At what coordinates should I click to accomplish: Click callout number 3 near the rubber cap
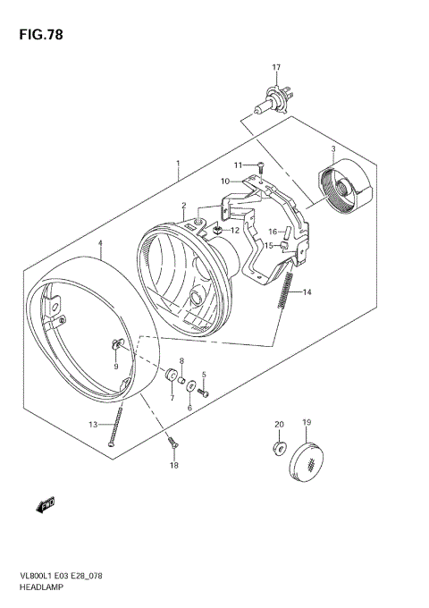(332, 149)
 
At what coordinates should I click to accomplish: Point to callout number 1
(179, 165)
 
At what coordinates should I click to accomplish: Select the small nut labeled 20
(278, 444)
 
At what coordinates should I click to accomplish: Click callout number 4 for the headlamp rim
(101, 243)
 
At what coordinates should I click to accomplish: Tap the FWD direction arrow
(47, 506)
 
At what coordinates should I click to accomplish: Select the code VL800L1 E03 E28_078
(68, 578)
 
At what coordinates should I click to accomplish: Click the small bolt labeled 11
(258, 165)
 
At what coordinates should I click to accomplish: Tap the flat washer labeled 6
(189, 384)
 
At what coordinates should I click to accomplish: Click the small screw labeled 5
(205, 391)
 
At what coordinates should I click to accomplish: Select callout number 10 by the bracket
(227, 181)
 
